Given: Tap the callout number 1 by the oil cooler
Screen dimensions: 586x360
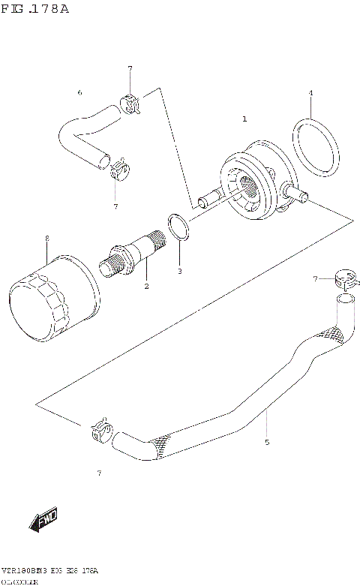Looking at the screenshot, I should (x=244, y=119).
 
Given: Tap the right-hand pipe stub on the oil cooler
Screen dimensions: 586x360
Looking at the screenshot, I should (x=298, y=198).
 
